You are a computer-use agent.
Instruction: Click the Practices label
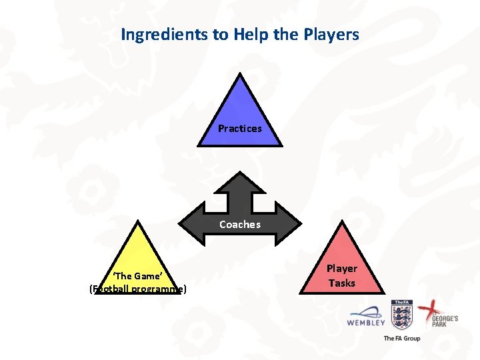240,128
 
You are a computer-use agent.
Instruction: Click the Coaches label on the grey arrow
240,225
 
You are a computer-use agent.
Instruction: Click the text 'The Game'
137,276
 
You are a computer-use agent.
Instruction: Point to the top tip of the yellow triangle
137,221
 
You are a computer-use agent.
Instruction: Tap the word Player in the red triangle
341,269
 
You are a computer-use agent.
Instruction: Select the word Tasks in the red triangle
341,283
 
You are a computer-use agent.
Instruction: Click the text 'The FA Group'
401,338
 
